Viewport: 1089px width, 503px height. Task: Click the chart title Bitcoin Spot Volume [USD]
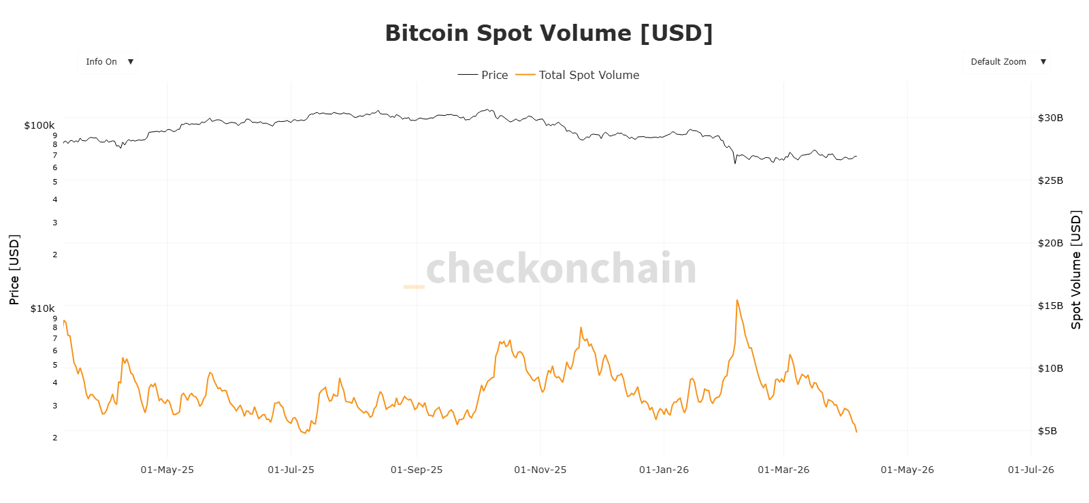(549, 33)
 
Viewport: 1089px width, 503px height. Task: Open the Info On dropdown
(108, 62)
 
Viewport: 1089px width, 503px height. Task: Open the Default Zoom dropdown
(1006, 62)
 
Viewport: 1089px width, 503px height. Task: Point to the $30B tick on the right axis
(1050, 118)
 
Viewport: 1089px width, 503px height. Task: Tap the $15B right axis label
(1050, 306)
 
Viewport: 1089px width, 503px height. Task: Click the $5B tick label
(1047, 431)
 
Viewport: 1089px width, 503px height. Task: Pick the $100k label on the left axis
(39, 125)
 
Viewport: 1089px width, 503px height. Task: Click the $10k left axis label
(42, 308)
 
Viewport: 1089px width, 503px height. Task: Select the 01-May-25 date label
(167, 470)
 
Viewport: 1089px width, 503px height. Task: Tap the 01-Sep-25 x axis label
(417, 470)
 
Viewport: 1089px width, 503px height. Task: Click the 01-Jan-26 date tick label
(664, 470)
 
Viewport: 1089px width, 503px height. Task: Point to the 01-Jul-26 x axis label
(1030, 470)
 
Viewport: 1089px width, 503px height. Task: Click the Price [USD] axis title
(14, 270)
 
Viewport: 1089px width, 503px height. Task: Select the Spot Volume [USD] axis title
(1076, 270)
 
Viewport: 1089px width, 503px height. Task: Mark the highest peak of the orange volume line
(737, 300)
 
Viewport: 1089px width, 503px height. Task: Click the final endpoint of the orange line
(856, 432)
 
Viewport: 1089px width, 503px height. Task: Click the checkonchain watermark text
(561, 269)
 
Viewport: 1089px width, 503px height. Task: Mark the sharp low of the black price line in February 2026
(735, 163)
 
